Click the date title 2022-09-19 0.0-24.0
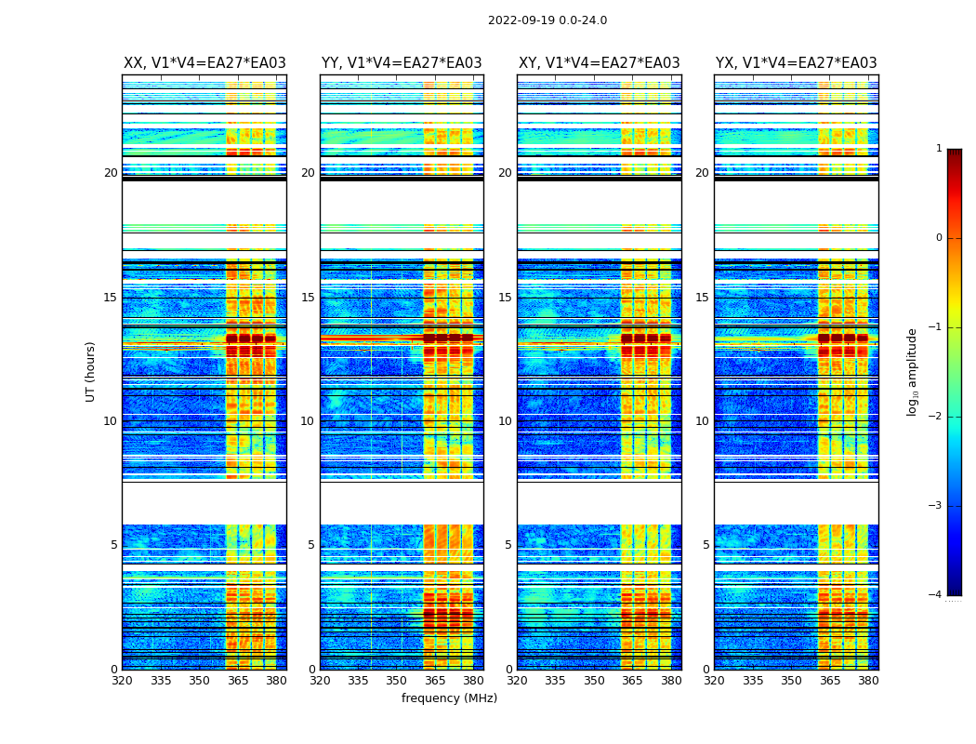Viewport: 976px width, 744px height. pyautogui.click(x=547, y=20)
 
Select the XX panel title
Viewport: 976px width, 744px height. pyautogui.click(x=204, y=63)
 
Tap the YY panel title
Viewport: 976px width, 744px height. pyautogui.click(x=402, y=63)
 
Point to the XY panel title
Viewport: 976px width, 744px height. pyautogui.click(x=599, y=63)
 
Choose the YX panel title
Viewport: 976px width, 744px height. pyautogui.click(x=796, y=63)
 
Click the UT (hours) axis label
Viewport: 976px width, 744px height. pyautogui.click(x=91, y=371)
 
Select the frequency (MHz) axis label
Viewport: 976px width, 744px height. pyautogui.click(x=449, y=698)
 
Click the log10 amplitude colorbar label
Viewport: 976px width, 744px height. pyautogui.click(x=913, y=371)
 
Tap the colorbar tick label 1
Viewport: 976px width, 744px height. pyautogui.click(x=939, y=149)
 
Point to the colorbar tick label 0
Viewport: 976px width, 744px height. pyautogui.click(x=939, y=238)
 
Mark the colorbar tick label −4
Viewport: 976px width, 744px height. pyautogui.click(x=936, y=595)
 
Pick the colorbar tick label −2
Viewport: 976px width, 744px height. pyautogui.click(x=936, y=417)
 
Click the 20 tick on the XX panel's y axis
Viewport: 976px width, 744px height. pyautogui.click(x=111, y=173)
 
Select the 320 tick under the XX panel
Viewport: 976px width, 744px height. pyautogui.click(x=122, y=681)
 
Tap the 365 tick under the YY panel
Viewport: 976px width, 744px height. pyautogui.click(x=435, y=681)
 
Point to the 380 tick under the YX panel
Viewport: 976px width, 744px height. pyautogui.click(x=868, y=681)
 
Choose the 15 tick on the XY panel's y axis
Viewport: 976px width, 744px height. pyautogui.click(x=505, y=298)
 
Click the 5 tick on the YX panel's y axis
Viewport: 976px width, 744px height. pyautogui.click(x=706, y=545)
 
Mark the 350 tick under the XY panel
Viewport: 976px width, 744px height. pyautogui.click(x=594, y=681)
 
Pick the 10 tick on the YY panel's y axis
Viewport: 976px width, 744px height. pyautogui.click(x=308, y=421)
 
